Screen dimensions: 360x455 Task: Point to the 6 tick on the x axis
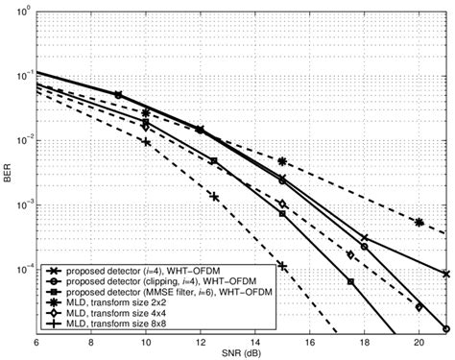coord(36,341)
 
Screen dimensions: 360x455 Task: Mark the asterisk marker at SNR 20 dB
coord(419,222)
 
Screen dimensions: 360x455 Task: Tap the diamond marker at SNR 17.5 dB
coord(350,255)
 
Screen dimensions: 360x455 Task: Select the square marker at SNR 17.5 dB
coord(350,282)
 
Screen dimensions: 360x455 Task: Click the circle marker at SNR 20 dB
coord(419,307)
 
